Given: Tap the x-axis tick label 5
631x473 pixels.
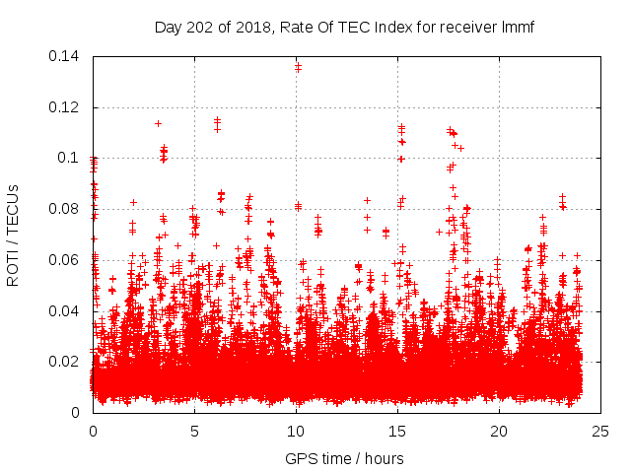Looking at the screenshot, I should [x=194, y=431].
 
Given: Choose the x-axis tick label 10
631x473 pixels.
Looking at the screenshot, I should [x=296, y=431].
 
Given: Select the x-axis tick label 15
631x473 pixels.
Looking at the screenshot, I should [x=397, y=431].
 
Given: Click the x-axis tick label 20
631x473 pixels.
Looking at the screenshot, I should [x=499, y=431].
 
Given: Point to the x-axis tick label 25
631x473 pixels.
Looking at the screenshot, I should [x=600, y=431].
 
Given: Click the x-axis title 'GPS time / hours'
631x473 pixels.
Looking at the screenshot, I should [x=345, y=458].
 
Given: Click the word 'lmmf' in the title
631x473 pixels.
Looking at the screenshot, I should [x=519, y=27].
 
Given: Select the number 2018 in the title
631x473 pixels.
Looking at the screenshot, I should [x=259, y=27].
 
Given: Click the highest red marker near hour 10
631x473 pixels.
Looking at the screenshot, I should [x=298, y=66].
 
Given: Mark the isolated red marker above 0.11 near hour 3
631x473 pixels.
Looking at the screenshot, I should [x=158, y=123].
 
